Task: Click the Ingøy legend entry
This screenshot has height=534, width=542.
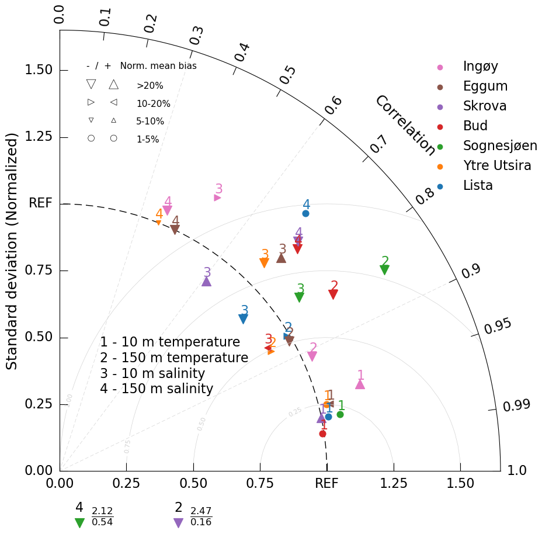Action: [x=480, y=67]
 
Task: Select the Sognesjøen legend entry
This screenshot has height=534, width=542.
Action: [x=500, y=146]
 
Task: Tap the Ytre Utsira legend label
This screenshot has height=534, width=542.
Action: [x=497, y=166]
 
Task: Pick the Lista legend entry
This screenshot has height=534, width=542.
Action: [x=478, y=186]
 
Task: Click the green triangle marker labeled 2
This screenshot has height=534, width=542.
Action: [x=384, y=269]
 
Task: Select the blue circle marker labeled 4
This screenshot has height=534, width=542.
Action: [x=305, y=213]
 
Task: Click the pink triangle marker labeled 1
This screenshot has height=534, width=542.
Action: [x=360, y=384]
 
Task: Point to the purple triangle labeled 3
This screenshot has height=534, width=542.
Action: [x=206, y=282]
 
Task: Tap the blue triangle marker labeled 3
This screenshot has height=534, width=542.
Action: [x=244, y=318]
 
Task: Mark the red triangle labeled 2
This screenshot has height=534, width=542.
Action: [x=333, y=294]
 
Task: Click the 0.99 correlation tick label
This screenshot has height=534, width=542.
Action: [x=517, y=405]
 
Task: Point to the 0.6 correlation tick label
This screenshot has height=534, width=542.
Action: [x=333, y=105]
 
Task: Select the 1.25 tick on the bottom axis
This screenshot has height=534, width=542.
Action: [x=394, y=484]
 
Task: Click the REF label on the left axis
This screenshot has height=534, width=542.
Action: [x=40, y=203]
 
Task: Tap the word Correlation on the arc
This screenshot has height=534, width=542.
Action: [x=405, y=126]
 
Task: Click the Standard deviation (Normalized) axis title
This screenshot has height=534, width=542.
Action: [x=12, y=251]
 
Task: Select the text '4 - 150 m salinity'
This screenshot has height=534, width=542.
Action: [x=157, y=389]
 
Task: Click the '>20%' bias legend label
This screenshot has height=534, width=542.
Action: [x=150, y=86]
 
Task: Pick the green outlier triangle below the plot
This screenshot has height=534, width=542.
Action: [x=80, y=523]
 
